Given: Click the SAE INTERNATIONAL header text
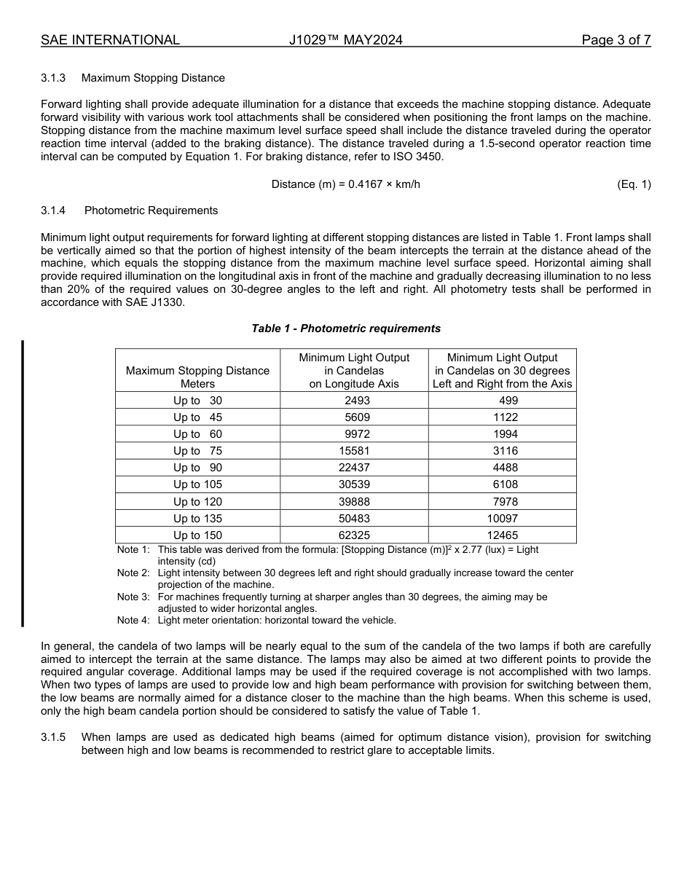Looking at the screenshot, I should (110, 40).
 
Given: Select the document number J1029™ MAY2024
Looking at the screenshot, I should (345, 40).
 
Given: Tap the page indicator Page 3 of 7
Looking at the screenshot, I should (616, 40).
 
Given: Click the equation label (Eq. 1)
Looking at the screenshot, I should (633, 184).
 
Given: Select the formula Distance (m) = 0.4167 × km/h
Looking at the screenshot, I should (345, 184).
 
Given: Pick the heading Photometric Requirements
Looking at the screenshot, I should (151, 211).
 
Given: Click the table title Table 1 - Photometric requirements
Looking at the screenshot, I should (346, 329).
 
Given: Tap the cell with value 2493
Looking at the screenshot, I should (354, 401).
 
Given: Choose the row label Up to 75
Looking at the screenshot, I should (197, 451).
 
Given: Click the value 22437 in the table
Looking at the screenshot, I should (354, 468).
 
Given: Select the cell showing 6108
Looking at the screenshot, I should (502, 484).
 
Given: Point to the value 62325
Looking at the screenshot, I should (354, 535).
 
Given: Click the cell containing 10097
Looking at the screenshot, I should (502, 519).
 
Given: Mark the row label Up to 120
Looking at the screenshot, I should (197, 502).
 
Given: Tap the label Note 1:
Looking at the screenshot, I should (133, 550).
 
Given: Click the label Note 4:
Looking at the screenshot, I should (133, 621).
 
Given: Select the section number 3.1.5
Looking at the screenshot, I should (53, 737).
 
